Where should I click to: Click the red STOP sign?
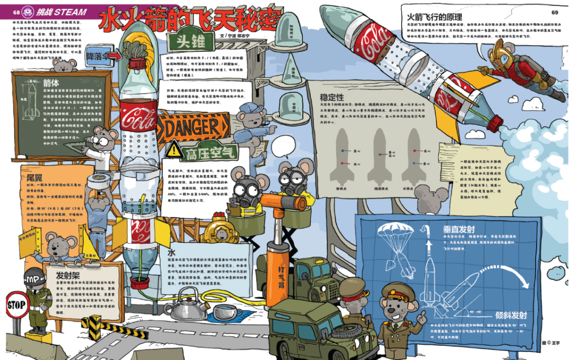click(x=15, y=305)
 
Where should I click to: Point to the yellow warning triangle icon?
click(x=174, y=151)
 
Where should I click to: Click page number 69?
click(x=555, y=12)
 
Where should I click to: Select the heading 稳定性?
click(x=332, y=97)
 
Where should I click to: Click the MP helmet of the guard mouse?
click(x=34, y=277)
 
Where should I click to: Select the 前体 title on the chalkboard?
click(x=51, y=83)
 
